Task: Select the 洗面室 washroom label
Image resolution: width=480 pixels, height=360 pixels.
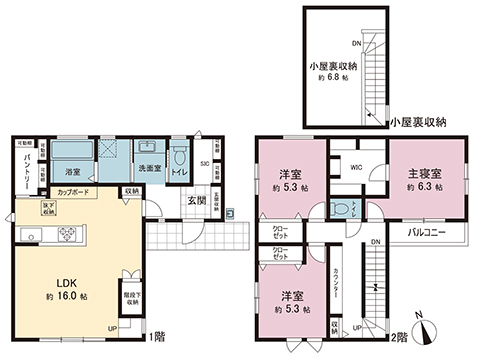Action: pyautogui.click(x=149, y=167)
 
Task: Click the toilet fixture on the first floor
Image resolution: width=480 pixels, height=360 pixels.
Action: pyautogui.click(x=181, y=159)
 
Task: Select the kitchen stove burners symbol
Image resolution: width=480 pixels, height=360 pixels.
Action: pyautogui.click(x=69, y=236)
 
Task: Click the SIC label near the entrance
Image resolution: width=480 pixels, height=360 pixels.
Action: pyautogui.click(x=204, y=162)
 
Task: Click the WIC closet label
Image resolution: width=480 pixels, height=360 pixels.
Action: pyautogui.click(x=355, y=168)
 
